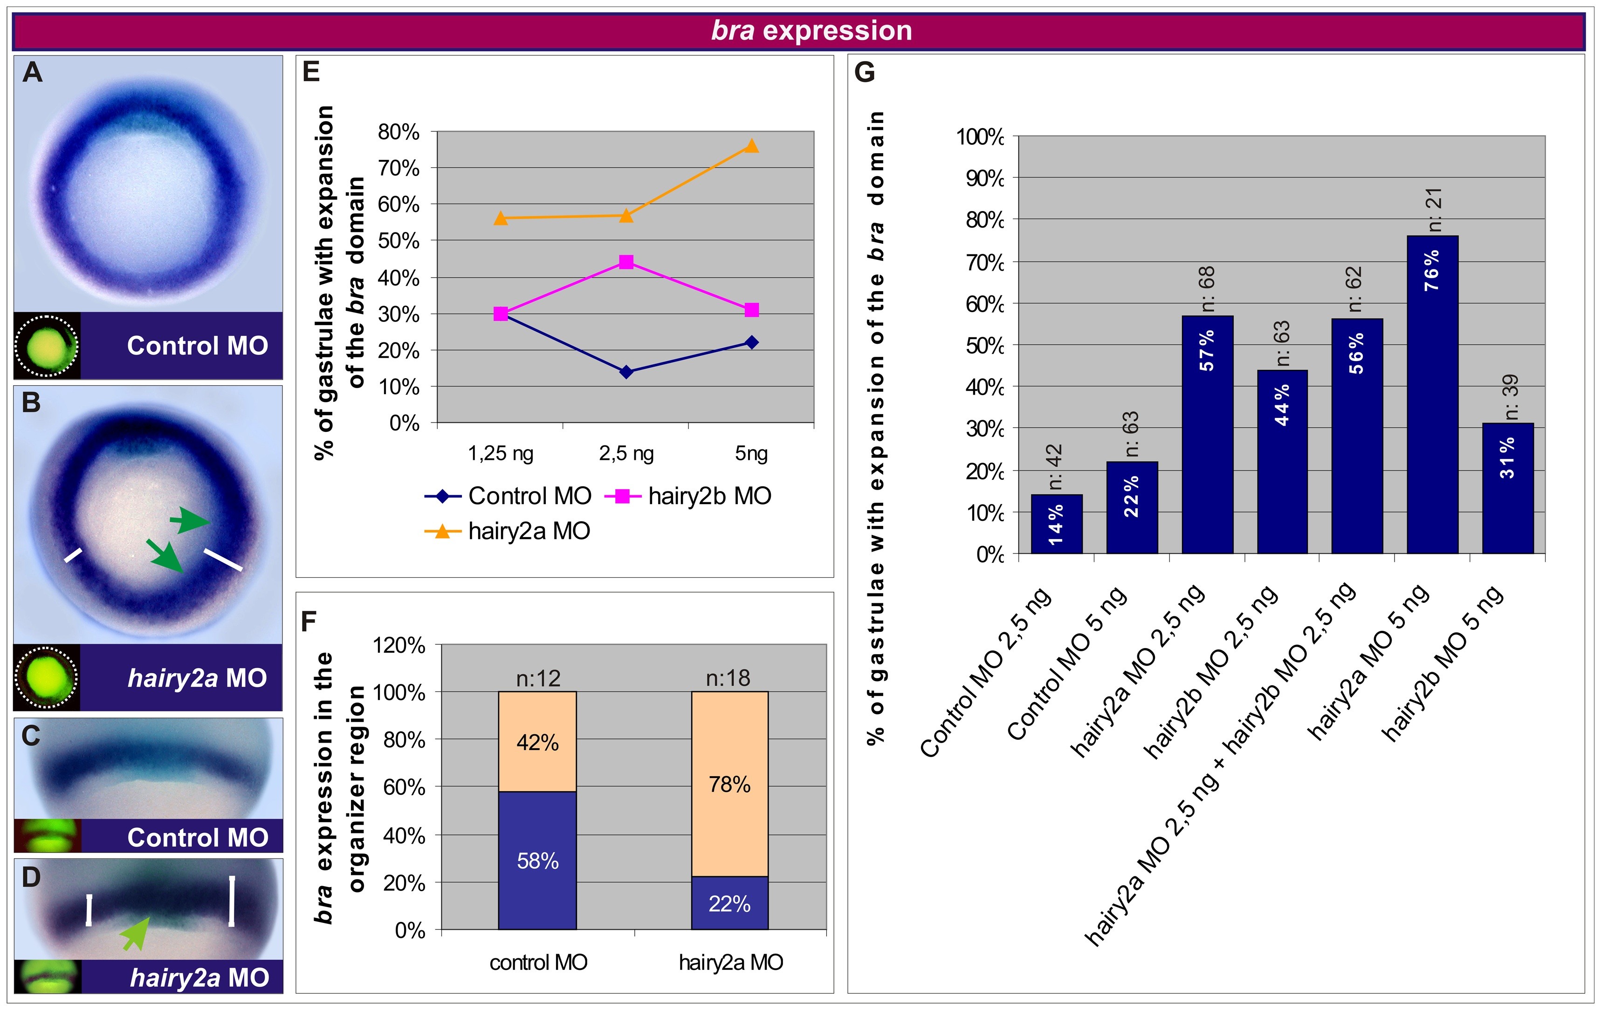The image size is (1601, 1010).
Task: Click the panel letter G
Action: [864, 72]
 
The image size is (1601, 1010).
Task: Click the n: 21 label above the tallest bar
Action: [1435, 209]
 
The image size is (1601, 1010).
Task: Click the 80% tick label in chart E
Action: [399, 132]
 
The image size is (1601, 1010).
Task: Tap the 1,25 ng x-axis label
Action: [501, 453]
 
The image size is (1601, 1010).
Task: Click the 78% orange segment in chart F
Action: [729, 784]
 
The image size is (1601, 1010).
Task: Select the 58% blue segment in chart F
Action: [537, 860]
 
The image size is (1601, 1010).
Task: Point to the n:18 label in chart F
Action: [728, 678]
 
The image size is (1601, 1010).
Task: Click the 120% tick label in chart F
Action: [399, 645]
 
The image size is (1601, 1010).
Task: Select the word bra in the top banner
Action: [733, 31]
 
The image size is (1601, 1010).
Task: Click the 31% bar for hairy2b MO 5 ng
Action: [1507, 488]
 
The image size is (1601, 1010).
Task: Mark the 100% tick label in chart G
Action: [979, 137]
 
